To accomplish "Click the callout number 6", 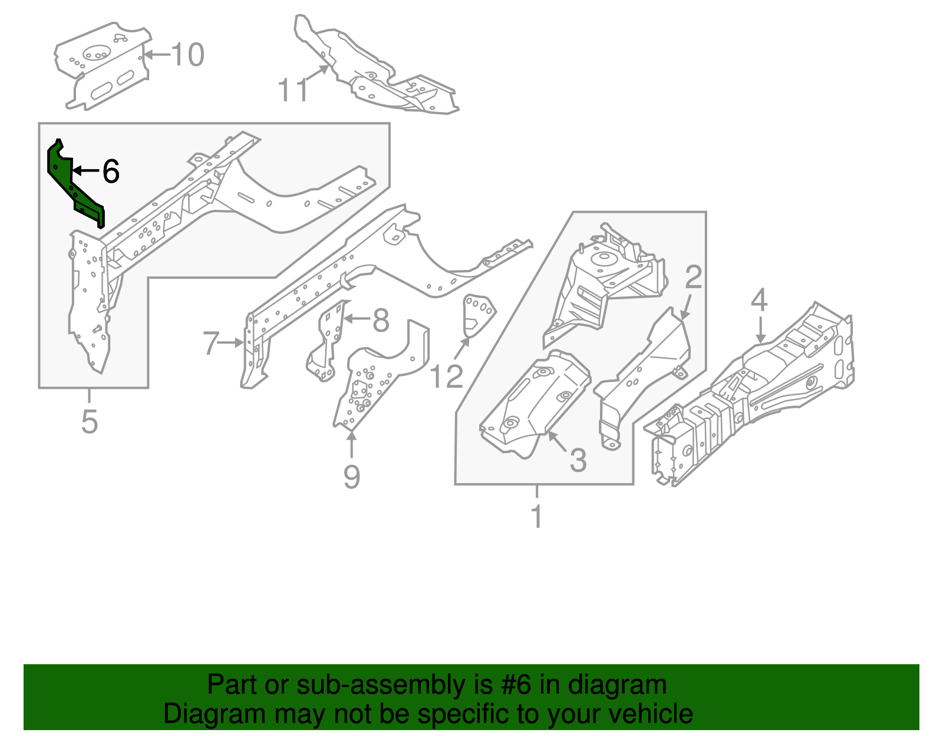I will point(111,171).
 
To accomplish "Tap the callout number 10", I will point(187,55).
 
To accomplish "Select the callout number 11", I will point(292,91).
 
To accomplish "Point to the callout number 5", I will point(89,421).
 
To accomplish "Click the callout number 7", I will point(211,343).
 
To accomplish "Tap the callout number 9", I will point(351,476).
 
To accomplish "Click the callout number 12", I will point(446,377).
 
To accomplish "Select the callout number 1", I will point(536,516).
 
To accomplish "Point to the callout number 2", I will point(694,277).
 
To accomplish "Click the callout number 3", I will point(578,460).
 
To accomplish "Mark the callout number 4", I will point(759,300).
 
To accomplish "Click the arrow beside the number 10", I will point(156,55).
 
